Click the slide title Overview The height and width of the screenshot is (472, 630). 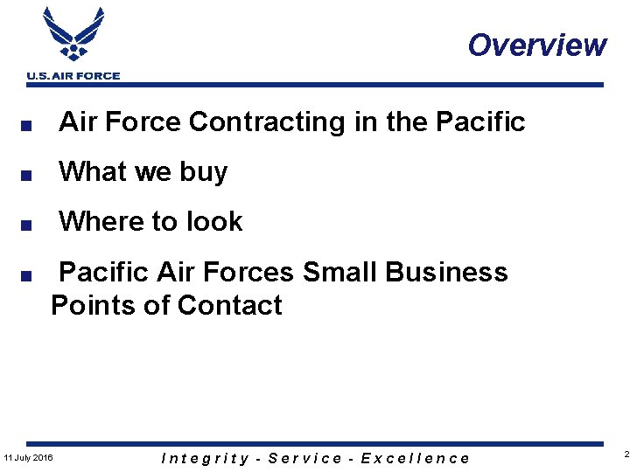click(x=536, y=45)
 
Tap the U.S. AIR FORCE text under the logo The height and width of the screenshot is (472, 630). click(x=73, y=76)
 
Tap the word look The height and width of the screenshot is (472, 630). click(x=213, y=222)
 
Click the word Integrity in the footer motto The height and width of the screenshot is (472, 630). click(x=206, y=458)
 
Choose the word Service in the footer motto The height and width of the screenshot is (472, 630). click(x=304, y=458)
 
